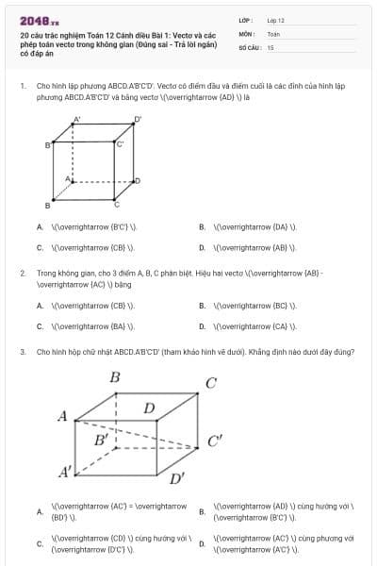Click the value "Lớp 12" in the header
coord(275,20)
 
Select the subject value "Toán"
coord(273,33)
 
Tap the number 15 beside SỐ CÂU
coord(270,46)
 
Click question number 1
coord(22,85)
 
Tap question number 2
coord(22,273)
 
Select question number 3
coord(22,352)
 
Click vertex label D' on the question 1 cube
coord(138,119)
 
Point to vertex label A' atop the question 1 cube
coord(76,120)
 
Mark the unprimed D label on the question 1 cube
coord(138,179)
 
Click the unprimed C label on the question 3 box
coord(211,383)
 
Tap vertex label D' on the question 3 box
coord(176,477)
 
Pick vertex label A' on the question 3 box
coord(65,471)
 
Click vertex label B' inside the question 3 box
coord(101,441)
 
